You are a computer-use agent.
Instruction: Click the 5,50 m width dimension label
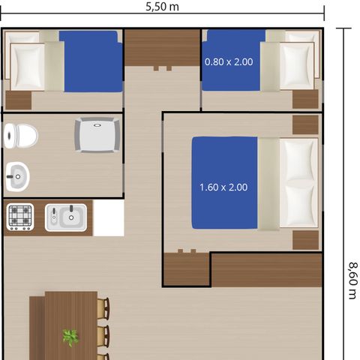pyautogui.click(x=162, y=7)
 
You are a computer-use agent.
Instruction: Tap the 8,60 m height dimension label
pyautogui.click(x=353, y=280)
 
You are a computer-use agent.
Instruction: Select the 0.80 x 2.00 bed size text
pyautogui.click(x=229, y=61)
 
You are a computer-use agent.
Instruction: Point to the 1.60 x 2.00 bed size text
pyautogui.click(x=223, y=187)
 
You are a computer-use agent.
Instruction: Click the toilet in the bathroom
pyautogui.click(x=21, y=136)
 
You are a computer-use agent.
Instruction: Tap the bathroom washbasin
pyautogui.click(x=17, y=176)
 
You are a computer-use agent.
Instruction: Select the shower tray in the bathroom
pyautogui.click(x=97, y=135)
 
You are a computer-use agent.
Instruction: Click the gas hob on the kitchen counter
pyautogui.click(x=20, y=217)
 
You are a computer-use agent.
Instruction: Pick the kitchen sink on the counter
pyautogui.click(x=66, y=217)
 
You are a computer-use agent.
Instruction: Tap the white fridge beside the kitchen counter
pyautogui.click(x=109, y=217)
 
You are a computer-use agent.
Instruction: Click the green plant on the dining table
pyautogui.click(x=70, y=337)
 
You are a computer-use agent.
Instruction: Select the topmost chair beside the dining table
pyautogui.click(x=103, y=308)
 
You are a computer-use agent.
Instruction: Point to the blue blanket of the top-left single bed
pyautogui.click(x=91, y=61)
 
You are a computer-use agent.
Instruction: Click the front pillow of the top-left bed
pyautogui.click(x=28, y=67)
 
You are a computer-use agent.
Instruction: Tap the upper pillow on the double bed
pyautogui.click(x=298, y=160)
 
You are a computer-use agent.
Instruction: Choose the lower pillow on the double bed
pyautogui.click(x=298, y=205)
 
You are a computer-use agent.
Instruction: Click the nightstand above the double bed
pyautogui.click(x=305, y=124)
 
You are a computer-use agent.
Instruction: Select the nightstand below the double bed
pyautogui.click(x=305, y=240)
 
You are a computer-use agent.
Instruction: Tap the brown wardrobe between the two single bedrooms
pyautogui.click(x=163, y=48)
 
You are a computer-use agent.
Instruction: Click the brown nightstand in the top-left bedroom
pyautogui.click(x=19, y=100)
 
